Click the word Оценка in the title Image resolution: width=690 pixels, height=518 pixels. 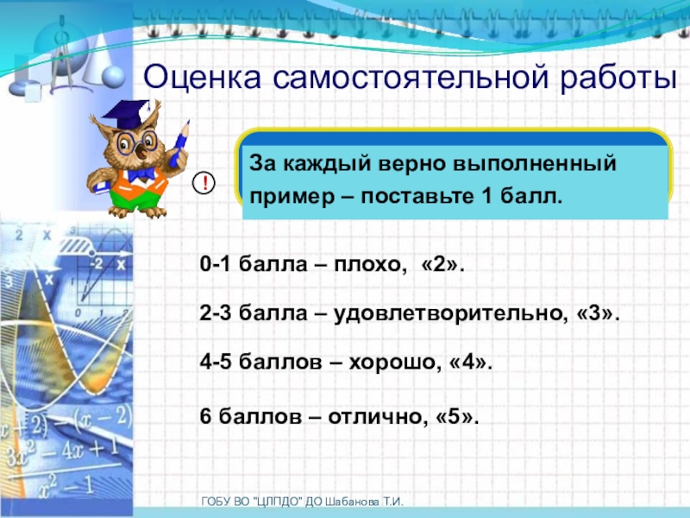(x=203, y=79)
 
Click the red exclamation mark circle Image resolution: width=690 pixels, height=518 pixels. (x=204, y=182)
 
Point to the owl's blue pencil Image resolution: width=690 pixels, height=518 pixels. (x=179, y=143)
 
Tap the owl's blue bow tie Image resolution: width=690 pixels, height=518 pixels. (x=140, y=174)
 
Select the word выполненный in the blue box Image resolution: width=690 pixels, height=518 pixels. (x=534, y=164)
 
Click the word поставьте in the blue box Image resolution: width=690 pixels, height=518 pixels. (x=416, y=197)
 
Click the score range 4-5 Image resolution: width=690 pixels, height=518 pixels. (x=215, y=363)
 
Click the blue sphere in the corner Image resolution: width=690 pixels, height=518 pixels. (x=114, y=77)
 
